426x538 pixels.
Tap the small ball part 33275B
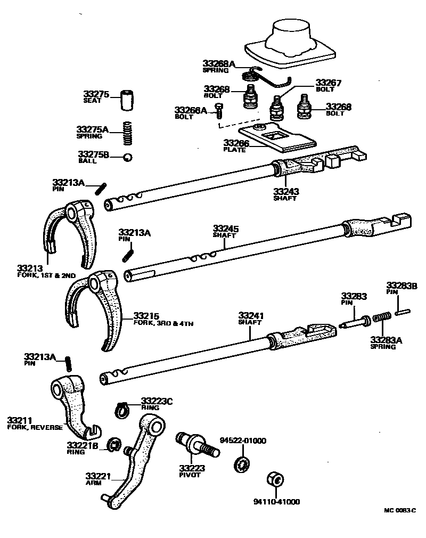click(x=127, y=157)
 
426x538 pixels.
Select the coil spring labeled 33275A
click(x=127, y=133)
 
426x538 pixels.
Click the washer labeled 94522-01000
click(x=242, y=462)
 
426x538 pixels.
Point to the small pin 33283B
click(x=402, y=312)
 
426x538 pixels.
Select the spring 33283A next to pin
click(x=382, y=319)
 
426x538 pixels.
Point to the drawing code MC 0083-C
click(x=399, y=510)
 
